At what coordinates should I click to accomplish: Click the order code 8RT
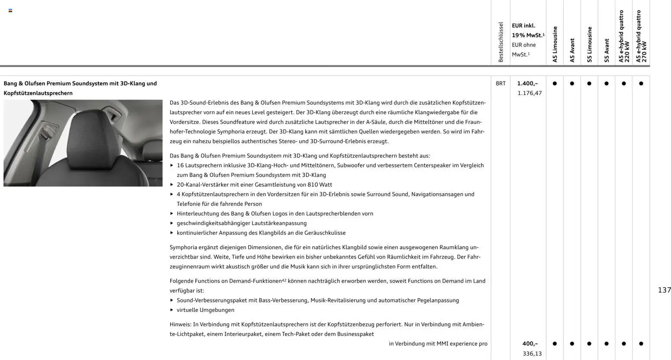click(x=500, y=84)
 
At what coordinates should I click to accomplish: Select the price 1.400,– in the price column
click(x=527, y=84)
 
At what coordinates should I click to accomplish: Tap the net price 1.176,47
click(x=529, y=93)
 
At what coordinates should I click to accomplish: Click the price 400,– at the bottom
click(x=530, y=344)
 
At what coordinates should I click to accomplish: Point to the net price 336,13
click(x=532, y=354)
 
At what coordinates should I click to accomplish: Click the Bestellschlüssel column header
click(x=501, y=42)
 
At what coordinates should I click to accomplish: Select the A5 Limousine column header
click(x=555, y=45)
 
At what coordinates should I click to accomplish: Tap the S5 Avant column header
click(x=606, y=51)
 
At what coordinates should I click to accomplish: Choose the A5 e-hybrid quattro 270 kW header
click(x=641, y=37)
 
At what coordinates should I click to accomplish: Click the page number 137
click(x=664, y=290)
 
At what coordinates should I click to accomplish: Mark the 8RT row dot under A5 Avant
click(x=572, y=84)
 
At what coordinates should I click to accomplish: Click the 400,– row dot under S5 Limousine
click(x=589, y=344)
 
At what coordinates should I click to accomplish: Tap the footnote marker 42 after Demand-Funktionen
click(x=284, y=280)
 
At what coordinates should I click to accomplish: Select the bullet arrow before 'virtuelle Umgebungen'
click(x=172, y=310)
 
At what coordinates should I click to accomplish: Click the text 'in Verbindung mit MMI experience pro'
click(x=438, y=344)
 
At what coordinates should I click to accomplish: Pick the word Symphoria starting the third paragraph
click(x=183, y=247)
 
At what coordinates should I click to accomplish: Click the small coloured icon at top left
click(x=10, y=10)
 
